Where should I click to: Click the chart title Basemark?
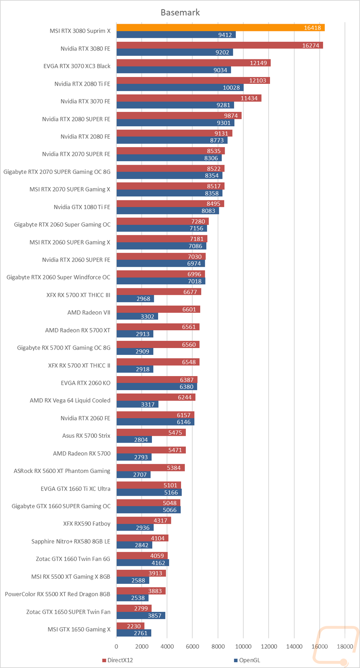[x=180, y=13]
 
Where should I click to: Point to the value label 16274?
[x=310, y=46]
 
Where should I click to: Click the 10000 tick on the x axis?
[x=243, y=646]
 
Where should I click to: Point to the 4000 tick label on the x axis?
[x=167, y=646]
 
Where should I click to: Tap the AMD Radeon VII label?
[x=89, y=312]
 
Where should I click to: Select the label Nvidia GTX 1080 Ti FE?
[x=82, y=207]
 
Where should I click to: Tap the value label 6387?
[x=187, y=380]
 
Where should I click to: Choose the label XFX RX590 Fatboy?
[x=87, y=524]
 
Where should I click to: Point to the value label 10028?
[x=231, y=88]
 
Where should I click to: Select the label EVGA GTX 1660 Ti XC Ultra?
[x=76, y=488]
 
